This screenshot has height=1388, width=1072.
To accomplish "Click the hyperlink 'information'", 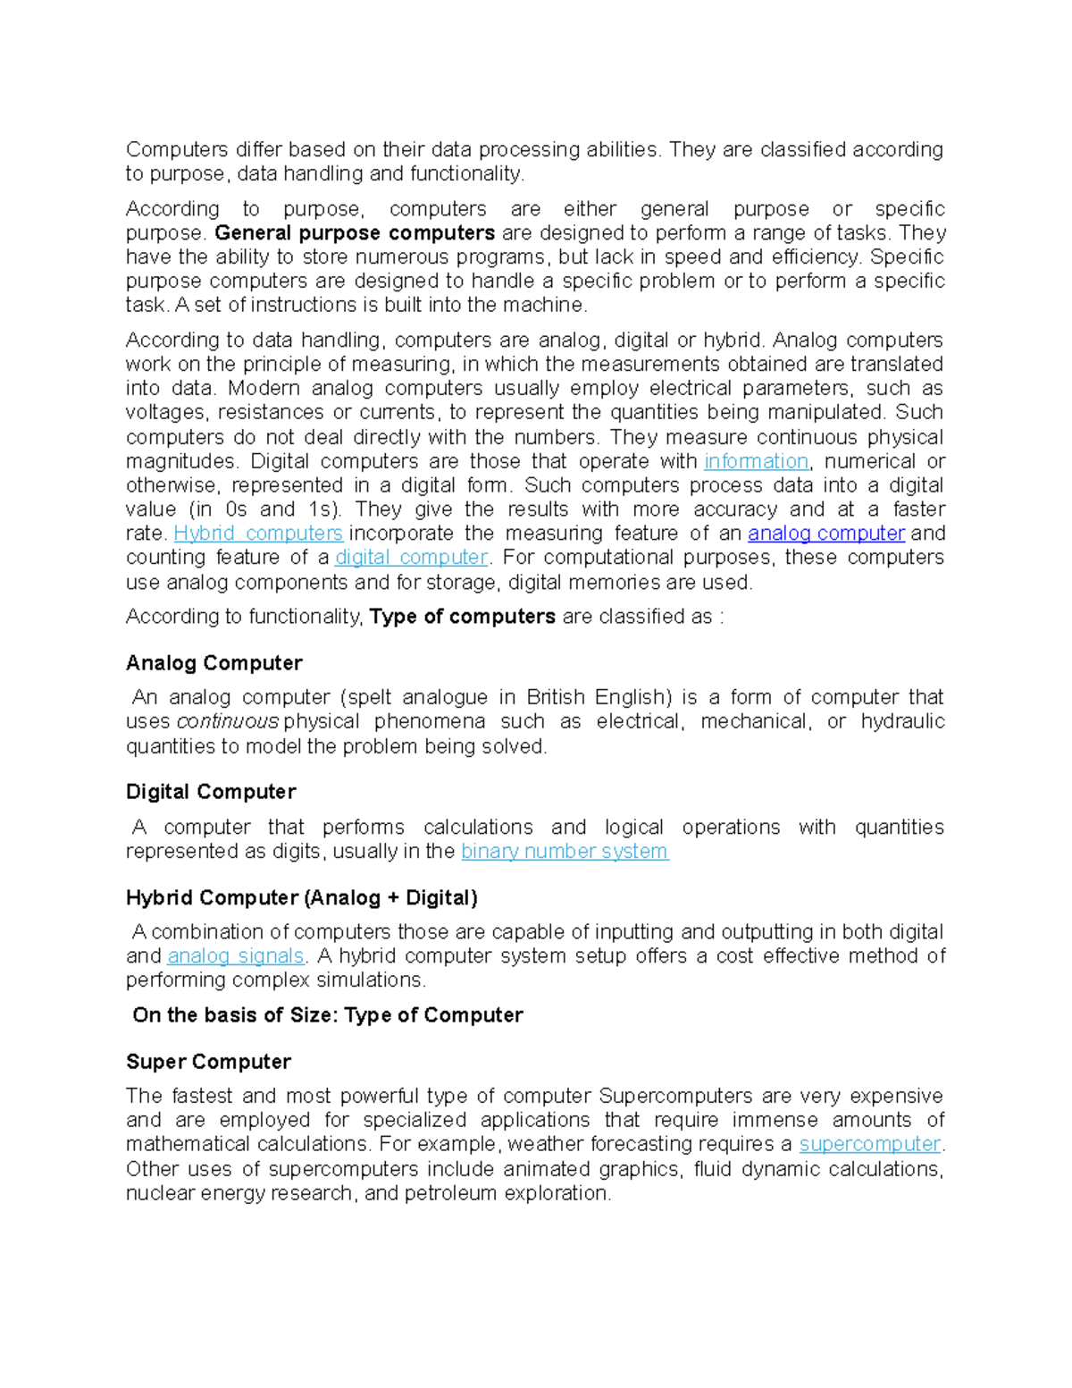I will coord(756,461).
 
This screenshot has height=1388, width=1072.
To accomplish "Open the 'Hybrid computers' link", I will coord(258,534).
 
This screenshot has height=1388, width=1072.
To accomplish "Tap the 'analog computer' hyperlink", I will coord(826,534).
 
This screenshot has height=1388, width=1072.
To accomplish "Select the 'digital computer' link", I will coord(412,558).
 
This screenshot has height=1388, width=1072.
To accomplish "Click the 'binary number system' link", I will coord(565,851).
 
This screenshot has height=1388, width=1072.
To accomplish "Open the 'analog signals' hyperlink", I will coord(236,955).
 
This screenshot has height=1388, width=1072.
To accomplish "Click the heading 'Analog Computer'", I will coord(214,663).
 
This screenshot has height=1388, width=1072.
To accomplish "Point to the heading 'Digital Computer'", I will coord(211,792).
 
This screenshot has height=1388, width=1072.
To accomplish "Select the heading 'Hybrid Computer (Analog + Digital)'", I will coord(302,897).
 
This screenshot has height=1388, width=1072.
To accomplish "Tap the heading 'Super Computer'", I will coord(209,1062).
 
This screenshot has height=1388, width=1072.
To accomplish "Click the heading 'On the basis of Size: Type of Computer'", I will coord(328,1015).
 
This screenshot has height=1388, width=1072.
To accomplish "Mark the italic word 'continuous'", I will coord(228,721).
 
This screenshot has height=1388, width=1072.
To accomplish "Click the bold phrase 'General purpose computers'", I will coord(355,233).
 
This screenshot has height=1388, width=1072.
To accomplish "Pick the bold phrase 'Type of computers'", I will coord(463,617).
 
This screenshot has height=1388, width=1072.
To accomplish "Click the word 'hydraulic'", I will coord(902,721).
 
